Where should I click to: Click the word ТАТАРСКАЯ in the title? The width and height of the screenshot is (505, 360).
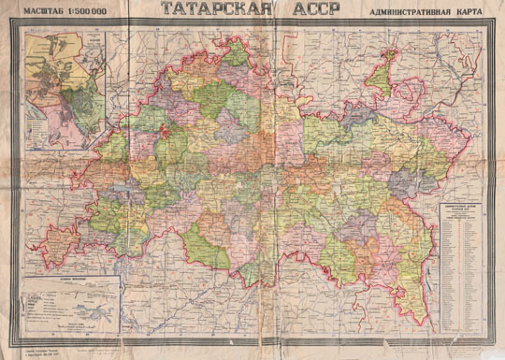coord(207,10)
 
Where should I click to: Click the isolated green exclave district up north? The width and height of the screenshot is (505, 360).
coord(380,76)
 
